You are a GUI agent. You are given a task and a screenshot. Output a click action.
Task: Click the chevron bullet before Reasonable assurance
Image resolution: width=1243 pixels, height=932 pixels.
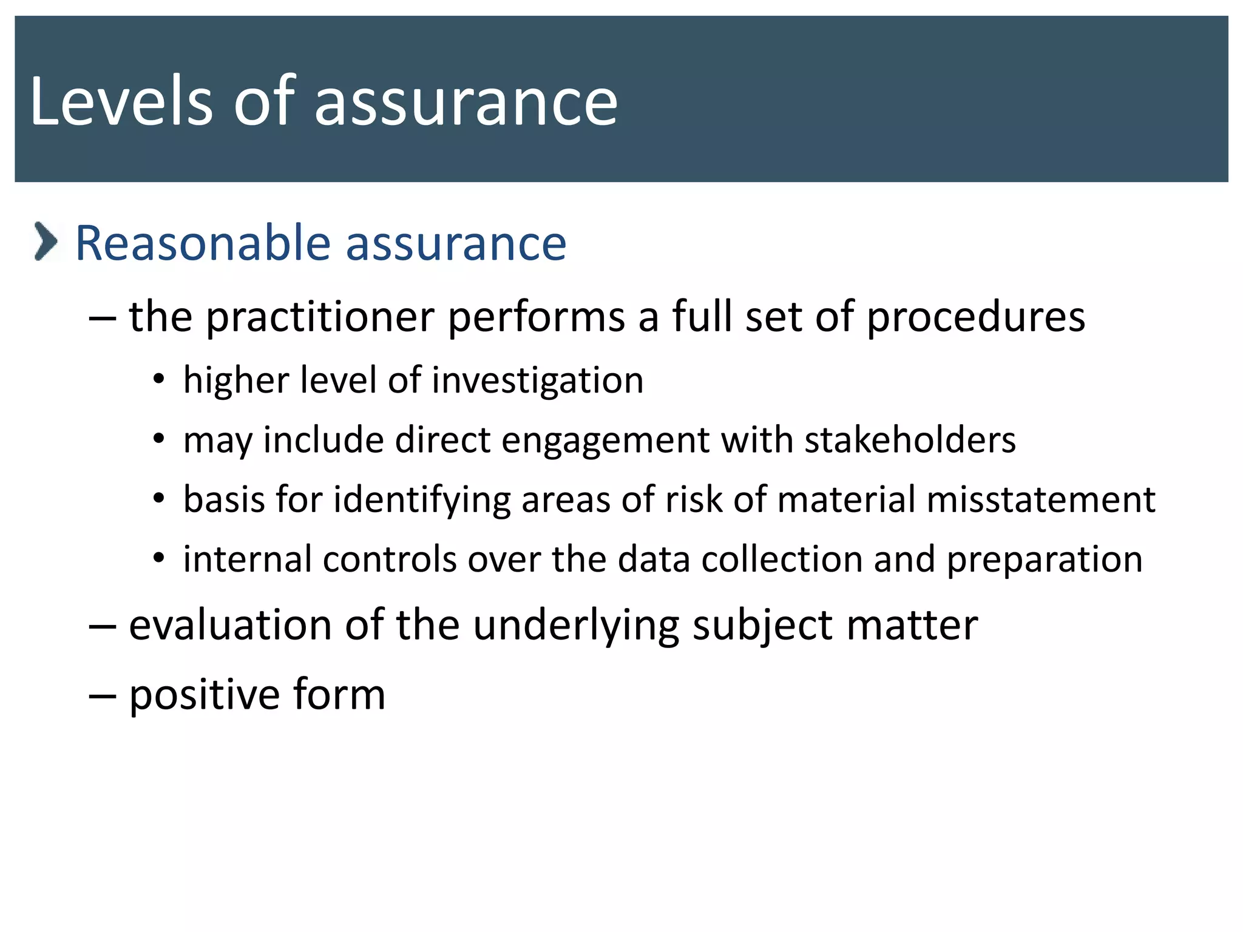point(46,241)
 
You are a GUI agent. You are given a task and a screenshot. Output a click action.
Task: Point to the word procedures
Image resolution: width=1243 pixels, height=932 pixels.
point(975,317)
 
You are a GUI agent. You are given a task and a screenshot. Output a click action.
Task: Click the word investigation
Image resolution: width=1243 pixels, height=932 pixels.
point(538,381)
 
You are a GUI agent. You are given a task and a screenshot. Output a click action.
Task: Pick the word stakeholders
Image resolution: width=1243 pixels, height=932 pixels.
point(910,439)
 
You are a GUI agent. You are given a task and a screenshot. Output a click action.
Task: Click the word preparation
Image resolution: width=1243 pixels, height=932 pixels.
point(1045,560)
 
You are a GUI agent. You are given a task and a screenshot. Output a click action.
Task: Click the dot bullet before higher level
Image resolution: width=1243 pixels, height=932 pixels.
point(159,380)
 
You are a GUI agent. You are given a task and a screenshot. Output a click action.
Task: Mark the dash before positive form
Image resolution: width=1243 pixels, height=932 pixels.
point(102,695)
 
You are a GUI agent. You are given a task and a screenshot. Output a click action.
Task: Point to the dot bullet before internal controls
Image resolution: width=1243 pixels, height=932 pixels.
point(159,558)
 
